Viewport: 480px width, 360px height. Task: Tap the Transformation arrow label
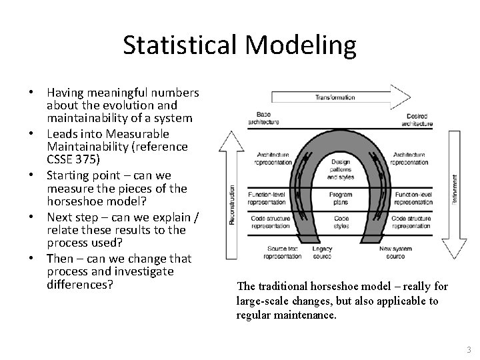(335, 97)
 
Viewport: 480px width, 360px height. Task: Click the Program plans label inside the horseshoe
(340, 198)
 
